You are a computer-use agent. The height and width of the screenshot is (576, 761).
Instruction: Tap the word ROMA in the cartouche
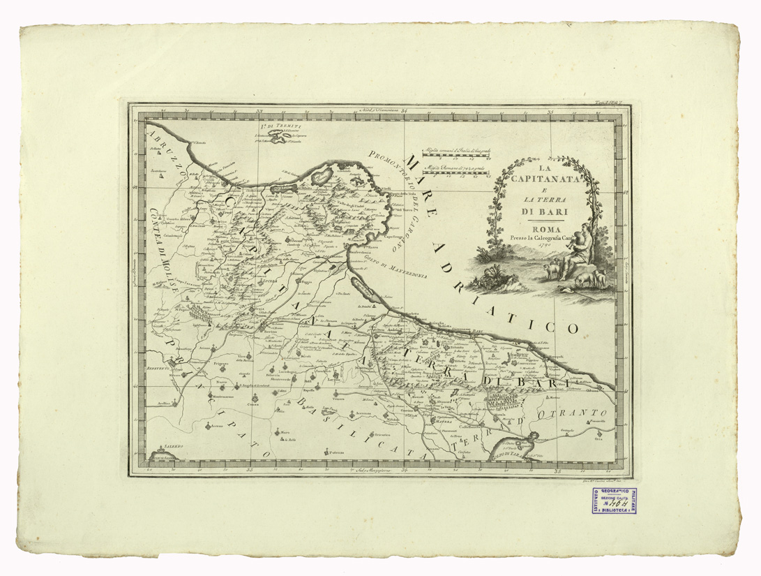coord(544,228)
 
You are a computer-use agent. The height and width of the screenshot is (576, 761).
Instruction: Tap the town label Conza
coord(256,404)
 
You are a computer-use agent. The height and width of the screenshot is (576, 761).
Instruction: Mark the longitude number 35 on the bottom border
coord(558,472)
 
